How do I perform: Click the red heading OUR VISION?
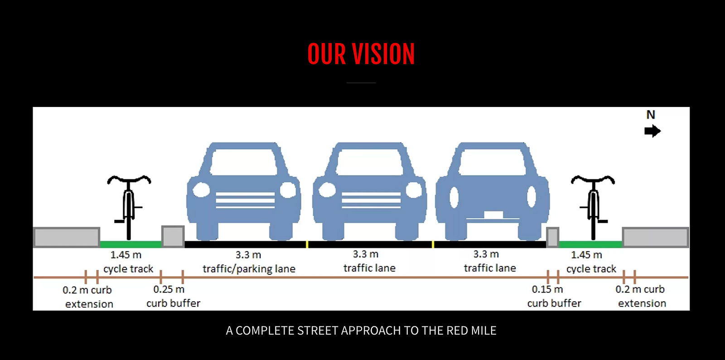[x=361, y=54]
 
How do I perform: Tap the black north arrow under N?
[x=652, y=131]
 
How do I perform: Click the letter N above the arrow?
[x=651, y=115]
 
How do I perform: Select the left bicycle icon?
[x=129, y=206]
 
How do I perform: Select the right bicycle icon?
[x=593, y=206]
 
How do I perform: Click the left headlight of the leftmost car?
[x=202, y=190]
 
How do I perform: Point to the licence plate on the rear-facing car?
[x=493, y=214]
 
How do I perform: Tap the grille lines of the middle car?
[x=371, y=200]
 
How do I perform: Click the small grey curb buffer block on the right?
[x=552, y=237]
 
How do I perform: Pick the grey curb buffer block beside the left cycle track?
[x=173, y=237]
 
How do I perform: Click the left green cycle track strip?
[x=130, y=244]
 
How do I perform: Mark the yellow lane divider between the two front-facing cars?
[x=307, y=244]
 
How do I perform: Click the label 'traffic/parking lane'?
[x=249, y=269]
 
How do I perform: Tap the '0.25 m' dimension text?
[x=169, y=289]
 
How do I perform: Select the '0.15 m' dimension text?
[x=547, y=289]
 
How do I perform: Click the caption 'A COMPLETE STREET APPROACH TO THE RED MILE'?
[x=361, y=331]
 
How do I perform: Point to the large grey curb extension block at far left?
[x=67, y=237]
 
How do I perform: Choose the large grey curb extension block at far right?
[x=655, y=237]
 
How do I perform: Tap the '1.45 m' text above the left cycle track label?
[x=126, y=255]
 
